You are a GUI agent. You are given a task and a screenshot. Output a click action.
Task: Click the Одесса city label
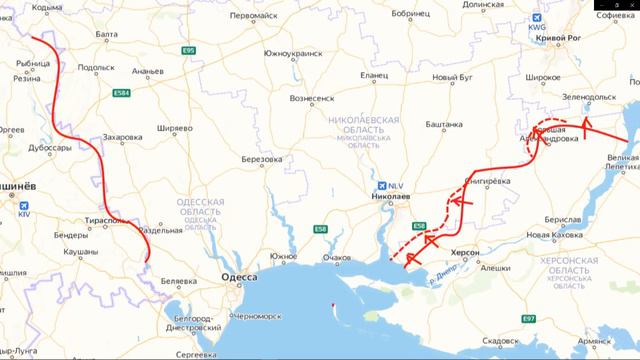point(239,277)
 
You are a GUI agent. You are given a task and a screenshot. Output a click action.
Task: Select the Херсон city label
point(466,254)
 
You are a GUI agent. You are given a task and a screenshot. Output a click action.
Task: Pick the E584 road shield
point(122,94)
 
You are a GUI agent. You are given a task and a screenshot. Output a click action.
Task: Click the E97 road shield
point(529,319)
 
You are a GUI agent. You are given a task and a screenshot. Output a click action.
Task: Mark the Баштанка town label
point(444,123)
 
